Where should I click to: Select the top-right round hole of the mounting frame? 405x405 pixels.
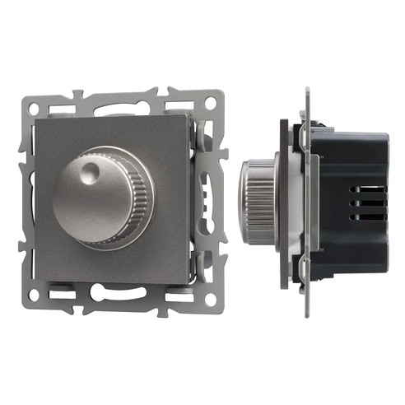pos(210,103)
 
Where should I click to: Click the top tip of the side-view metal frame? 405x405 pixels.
pos(306,88)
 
